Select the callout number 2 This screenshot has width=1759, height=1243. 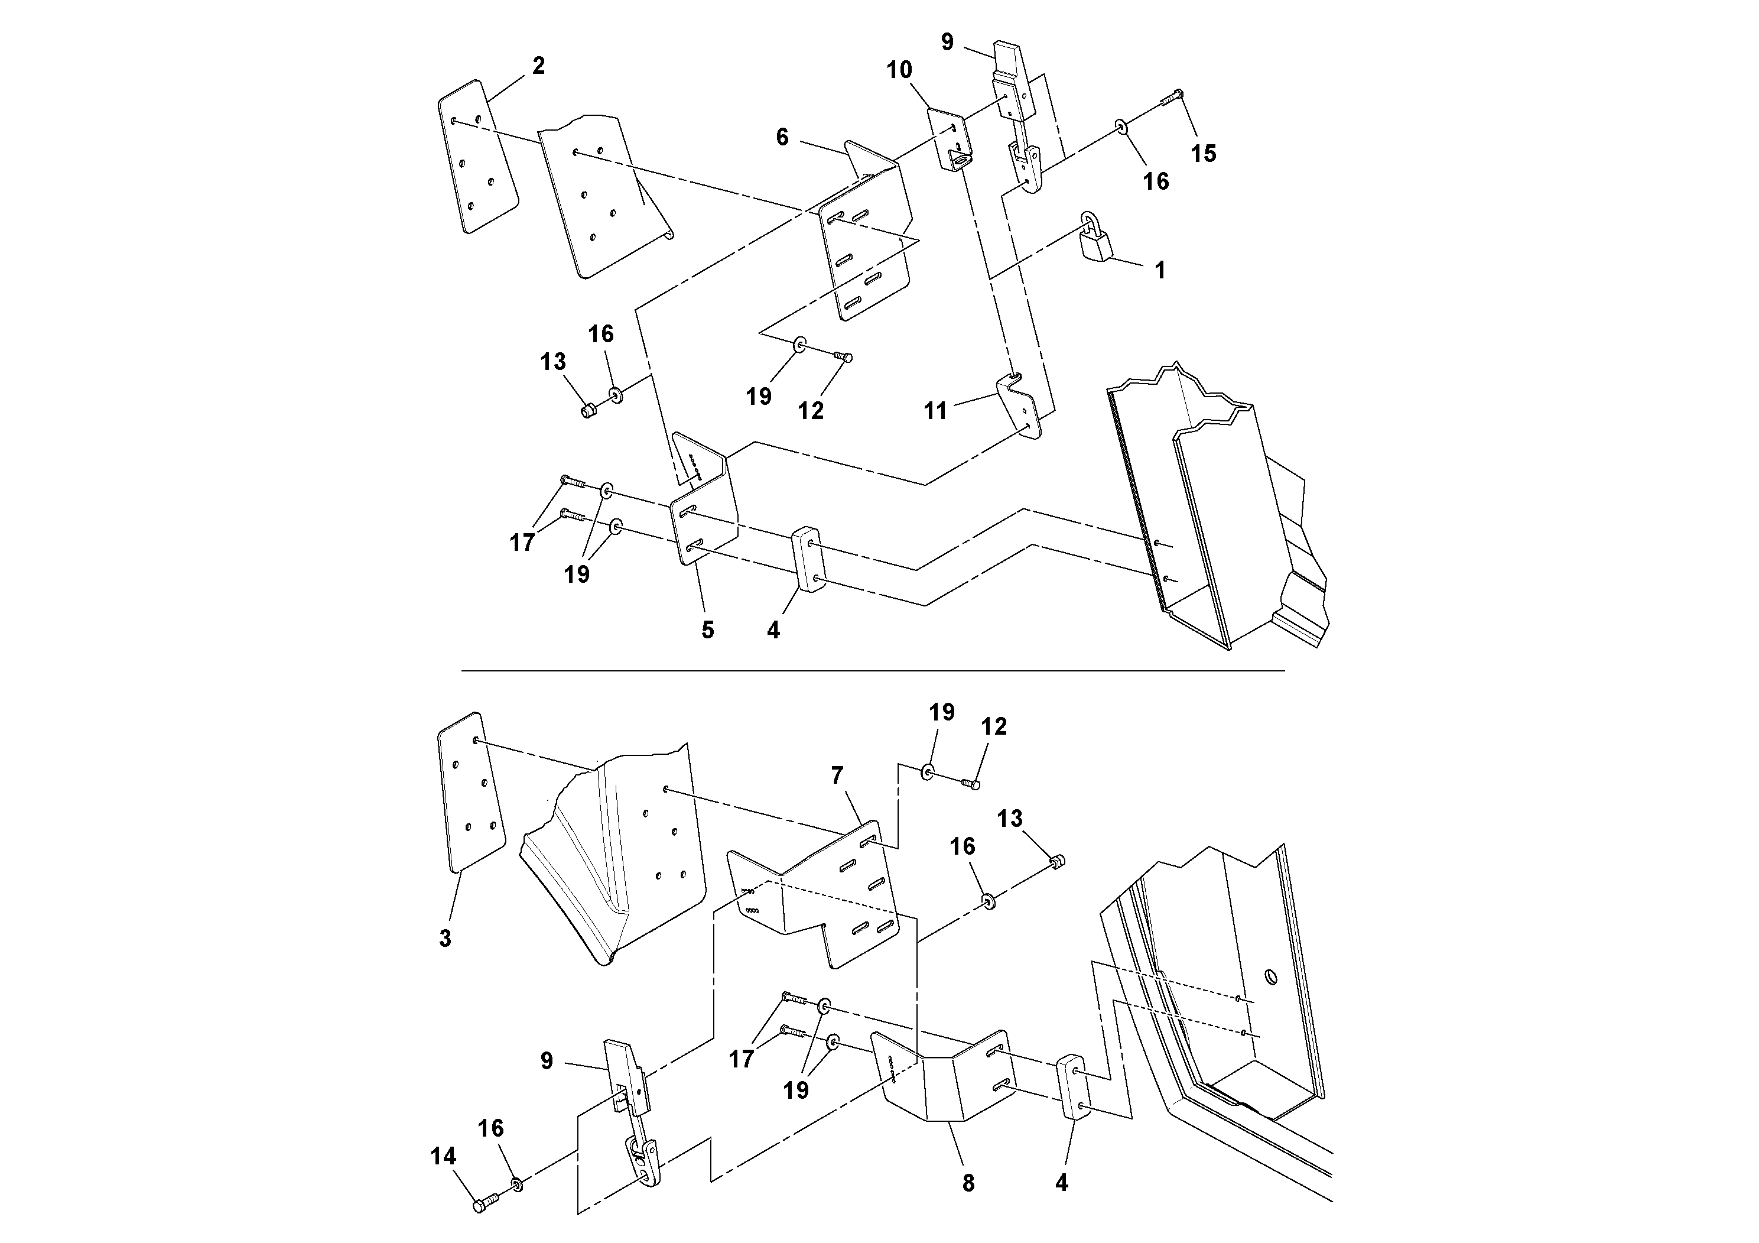539,67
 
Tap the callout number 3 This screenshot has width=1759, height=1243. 445,938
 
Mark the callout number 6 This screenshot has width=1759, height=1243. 782,137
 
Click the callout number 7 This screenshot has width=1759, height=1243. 837,776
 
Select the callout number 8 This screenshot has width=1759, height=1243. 968,1183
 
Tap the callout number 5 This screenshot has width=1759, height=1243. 707,630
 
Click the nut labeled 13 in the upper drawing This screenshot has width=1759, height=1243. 589,411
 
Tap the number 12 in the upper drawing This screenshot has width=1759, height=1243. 811,411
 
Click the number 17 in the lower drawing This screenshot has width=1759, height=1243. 741,1059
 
